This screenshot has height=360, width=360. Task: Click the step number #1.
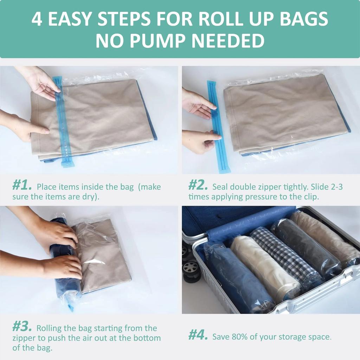coord(22,185)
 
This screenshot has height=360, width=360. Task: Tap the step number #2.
coord(199,185)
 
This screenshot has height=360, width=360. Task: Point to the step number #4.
coord(199,335)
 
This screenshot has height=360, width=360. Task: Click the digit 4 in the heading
coord(37,19)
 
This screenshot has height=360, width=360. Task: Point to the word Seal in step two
coord(221,187)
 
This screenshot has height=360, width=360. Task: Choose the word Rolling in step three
coord(50,328)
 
